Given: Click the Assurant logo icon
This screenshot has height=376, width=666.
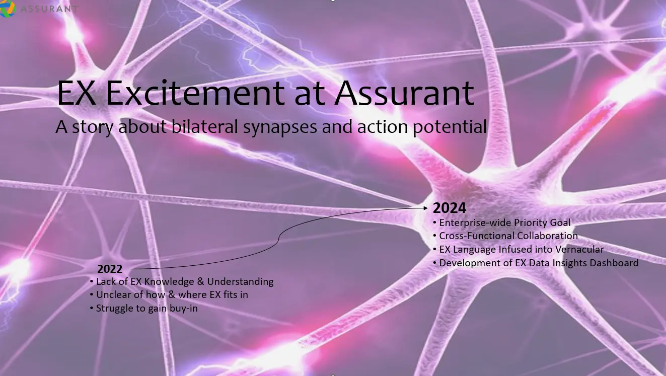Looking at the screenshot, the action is click(7, 9).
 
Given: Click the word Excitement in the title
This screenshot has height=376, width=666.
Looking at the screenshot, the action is click(195, 93).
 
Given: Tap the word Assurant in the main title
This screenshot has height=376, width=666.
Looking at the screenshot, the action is click(404, 93).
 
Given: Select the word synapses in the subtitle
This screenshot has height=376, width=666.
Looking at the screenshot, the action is click(280, 127).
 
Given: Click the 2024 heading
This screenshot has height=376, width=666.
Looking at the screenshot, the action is click(449, 208).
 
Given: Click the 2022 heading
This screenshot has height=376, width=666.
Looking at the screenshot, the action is click(110, 269).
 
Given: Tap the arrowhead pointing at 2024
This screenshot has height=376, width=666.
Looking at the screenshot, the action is click(425, 208).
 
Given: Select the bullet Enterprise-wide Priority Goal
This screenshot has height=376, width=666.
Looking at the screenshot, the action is click(502, 222).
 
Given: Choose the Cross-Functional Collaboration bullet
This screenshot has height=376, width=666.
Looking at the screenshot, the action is click(505, 236).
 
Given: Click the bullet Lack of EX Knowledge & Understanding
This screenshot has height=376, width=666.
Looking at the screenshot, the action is click(182, 281).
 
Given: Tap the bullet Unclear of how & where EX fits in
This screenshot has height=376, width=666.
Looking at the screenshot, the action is click(169, 294).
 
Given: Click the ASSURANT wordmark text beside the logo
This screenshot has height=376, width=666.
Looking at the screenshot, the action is click(49, 9).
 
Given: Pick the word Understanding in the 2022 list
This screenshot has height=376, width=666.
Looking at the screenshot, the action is click(240, 282).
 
